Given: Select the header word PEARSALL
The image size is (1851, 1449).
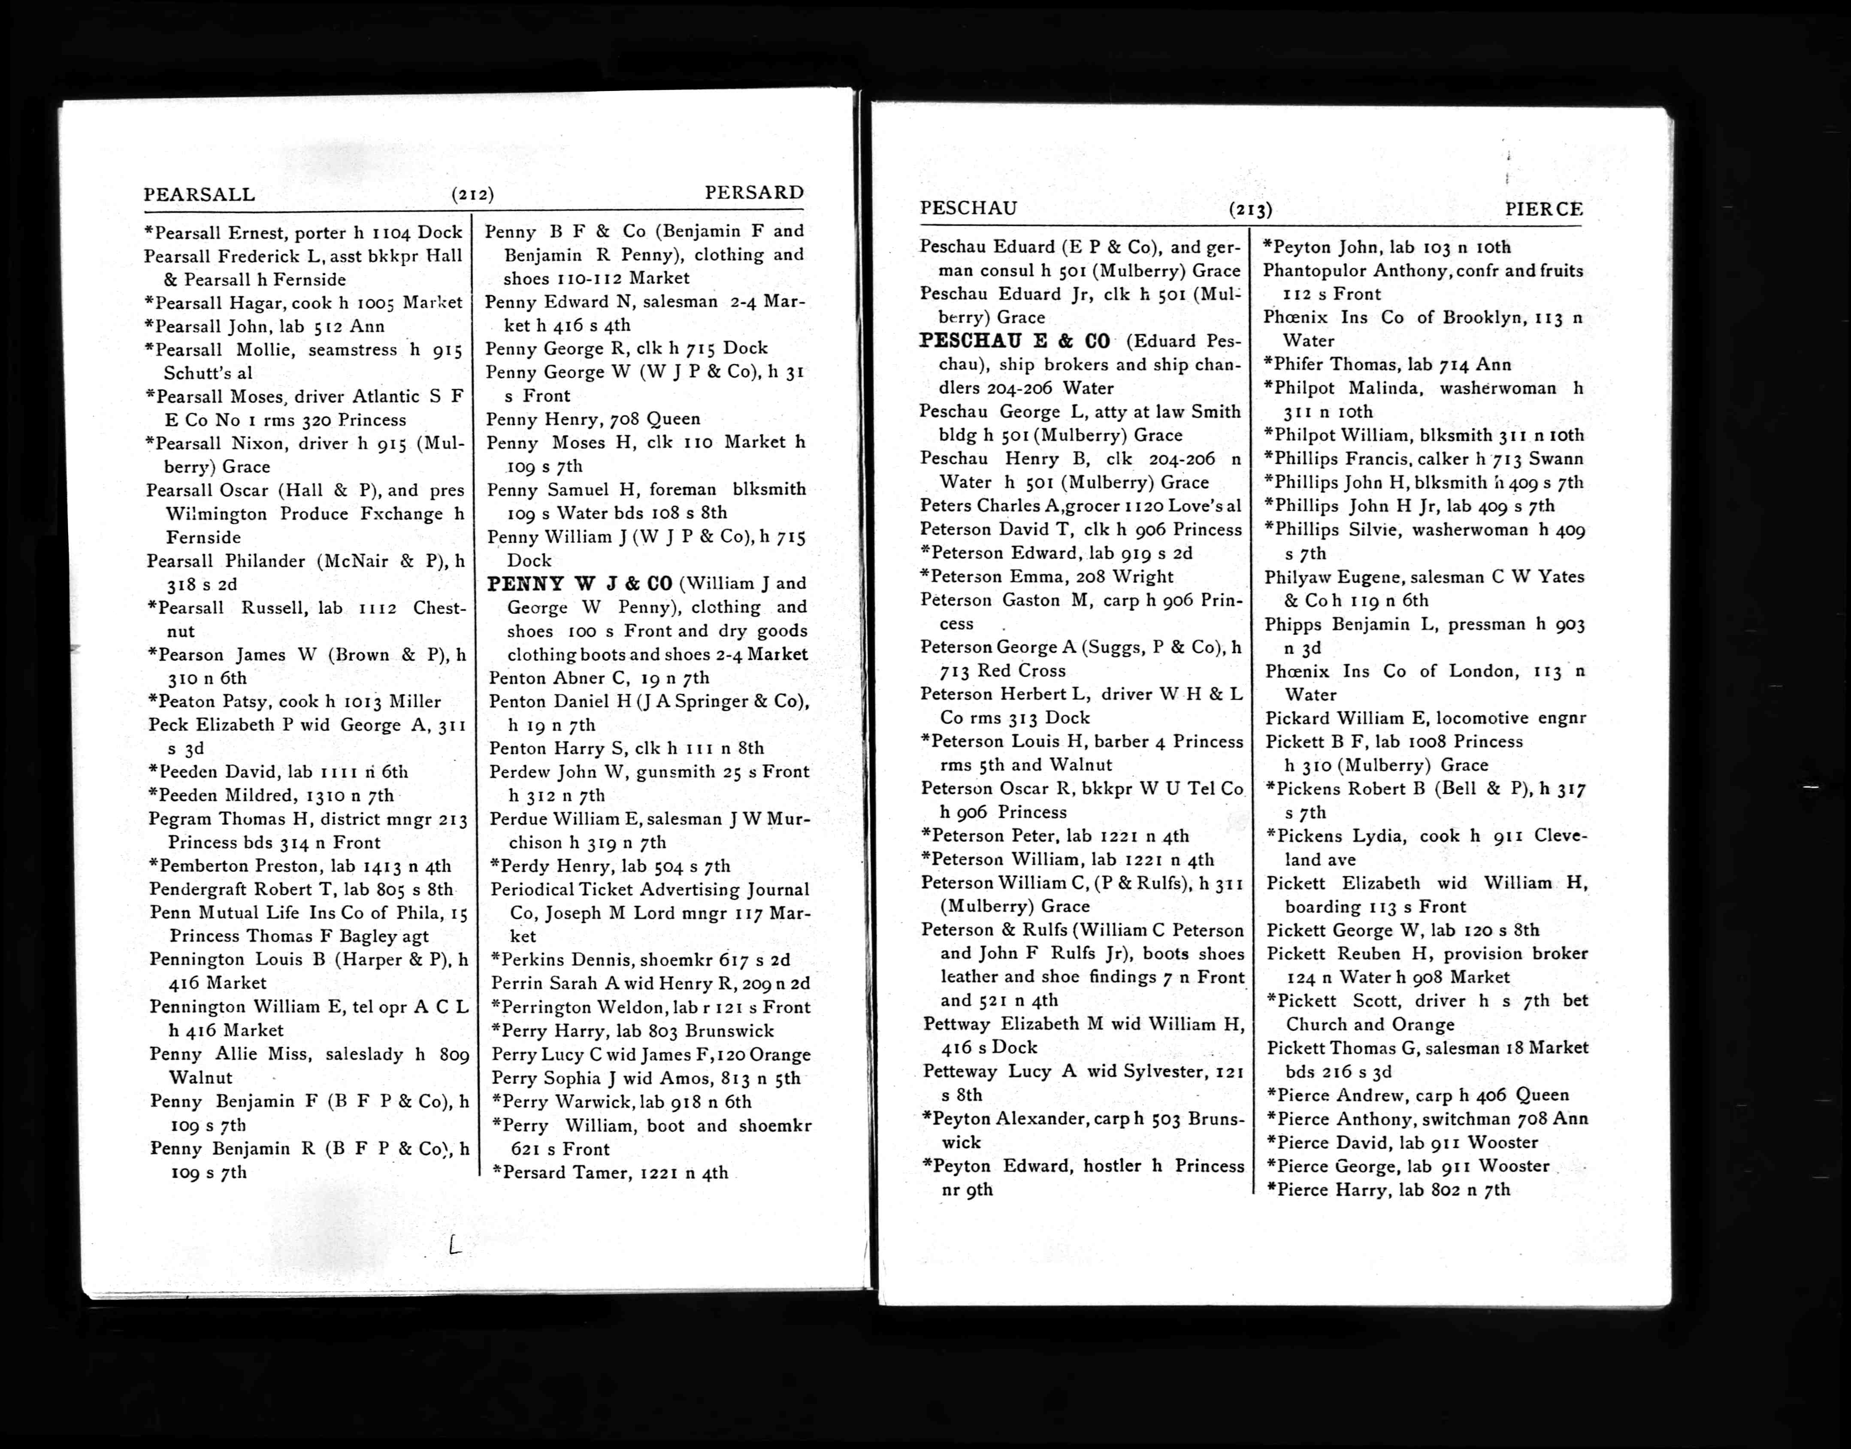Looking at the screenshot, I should pos(200,194).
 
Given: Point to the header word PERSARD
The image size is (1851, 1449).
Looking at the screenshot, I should pos(754,193).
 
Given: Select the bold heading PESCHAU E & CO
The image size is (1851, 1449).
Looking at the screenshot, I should pos(1015,341).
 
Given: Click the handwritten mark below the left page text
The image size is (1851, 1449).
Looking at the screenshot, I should pos(455,1245).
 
